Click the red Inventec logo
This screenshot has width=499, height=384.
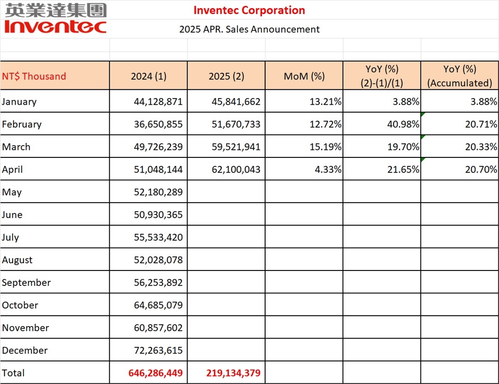coord(55,26)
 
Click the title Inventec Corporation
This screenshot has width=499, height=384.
coord(249,10)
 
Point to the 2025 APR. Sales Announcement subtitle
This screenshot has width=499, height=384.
coord(249,29)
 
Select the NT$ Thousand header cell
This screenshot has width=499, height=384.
coord(34,76)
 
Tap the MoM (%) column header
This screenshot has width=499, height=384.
coord(304,76)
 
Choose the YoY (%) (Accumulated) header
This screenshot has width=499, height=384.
coord(460,76)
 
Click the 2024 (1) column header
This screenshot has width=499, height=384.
coord(149,76)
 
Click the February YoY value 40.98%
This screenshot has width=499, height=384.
coord(403,124)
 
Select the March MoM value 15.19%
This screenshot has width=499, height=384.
coord(325,147)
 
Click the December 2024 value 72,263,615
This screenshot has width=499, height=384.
coord(158,350)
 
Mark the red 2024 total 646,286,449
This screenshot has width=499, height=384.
coord(155,373)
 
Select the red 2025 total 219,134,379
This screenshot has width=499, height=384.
coord(233,373)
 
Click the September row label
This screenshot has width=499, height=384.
coord(26,283)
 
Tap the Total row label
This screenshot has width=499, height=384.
coord(13,373)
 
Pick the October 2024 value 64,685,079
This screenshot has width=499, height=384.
coord(158,306)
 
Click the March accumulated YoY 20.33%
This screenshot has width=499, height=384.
coord(481,147)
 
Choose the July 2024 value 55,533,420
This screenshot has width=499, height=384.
coord(158,237)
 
